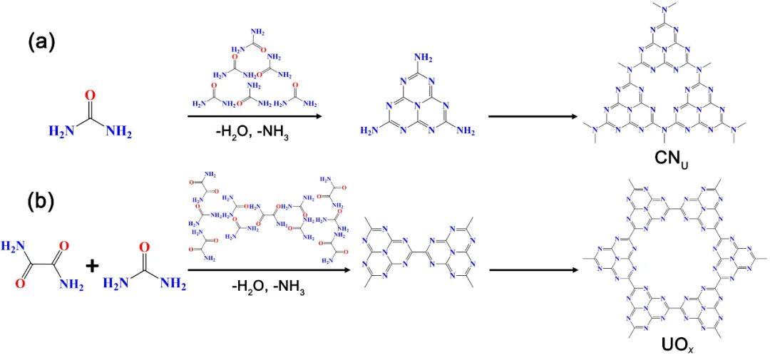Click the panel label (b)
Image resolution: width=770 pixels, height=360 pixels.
click(x=41, y=202)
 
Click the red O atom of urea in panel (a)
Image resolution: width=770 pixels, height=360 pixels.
click(x=89, y=94)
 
